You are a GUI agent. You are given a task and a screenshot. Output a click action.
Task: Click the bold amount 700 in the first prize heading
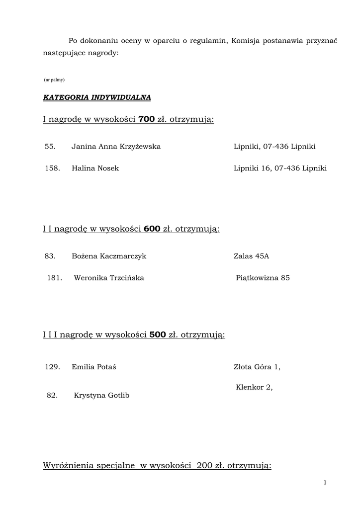pos(147,119)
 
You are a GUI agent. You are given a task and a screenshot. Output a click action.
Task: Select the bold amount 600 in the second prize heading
pos(152,229)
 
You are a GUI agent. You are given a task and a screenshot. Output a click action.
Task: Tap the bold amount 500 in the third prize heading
pos(158,335)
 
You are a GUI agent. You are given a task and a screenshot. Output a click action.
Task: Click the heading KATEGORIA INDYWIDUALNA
pos(97,97)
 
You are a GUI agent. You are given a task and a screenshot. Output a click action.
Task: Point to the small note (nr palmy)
pos(54,80)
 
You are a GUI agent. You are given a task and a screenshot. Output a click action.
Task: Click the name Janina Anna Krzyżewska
pos(116,147)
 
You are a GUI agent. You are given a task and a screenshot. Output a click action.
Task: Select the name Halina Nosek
pos(95,169)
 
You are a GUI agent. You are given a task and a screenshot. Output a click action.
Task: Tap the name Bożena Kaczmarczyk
pos(109,256)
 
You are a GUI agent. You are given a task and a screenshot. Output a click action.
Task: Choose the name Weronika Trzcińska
pos(109,278)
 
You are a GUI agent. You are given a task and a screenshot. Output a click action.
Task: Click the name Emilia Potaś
pos(94,367)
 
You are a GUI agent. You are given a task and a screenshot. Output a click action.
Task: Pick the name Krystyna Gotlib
pos(101,396)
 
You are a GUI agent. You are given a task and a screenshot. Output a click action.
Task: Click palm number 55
pos(50,147)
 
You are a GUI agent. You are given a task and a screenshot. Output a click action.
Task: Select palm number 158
pos(52,169)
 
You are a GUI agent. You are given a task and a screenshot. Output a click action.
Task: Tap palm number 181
pos(54,278)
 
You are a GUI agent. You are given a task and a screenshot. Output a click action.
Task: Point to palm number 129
pos(52,367)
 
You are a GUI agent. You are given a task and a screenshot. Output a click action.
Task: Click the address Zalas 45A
pos(251,256)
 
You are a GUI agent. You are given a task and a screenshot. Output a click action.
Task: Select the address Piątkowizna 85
pos(263,278)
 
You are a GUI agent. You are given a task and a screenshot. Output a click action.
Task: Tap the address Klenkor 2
pos(254,387)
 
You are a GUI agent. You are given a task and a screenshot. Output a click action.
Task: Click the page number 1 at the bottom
pos(325,482)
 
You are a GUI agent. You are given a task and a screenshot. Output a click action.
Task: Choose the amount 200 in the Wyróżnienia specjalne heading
pos(204,466)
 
